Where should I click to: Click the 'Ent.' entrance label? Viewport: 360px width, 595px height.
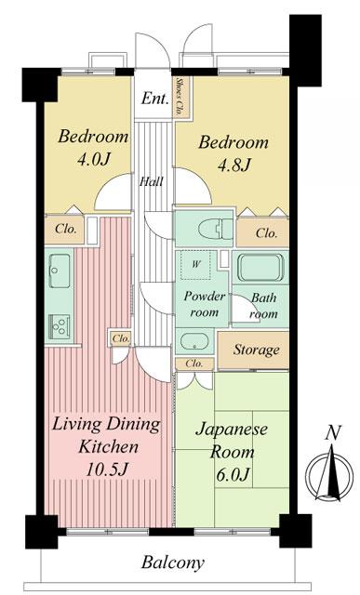point(153,98)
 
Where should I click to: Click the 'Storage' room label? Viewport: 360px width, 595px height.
point(256,350)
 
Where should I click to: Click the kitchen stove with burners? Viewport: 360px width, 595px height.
point(60,326)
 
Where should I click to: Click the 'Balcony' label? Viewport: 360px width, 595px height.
point(173,563)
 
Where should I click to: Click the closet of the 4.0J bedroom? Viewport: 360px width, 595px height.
point(67,227)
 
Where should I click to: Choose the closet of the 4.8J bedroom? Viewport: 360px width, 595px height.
point(265,232)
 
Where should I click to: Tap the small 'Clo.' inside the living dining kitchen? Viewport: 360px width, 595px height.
point(120,338)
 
